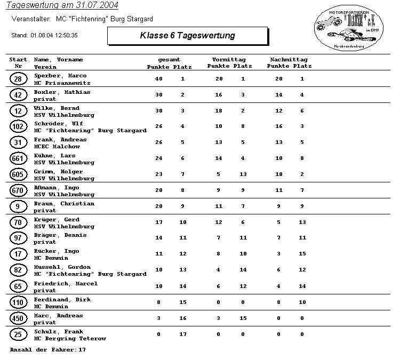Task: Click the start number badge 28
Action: tap(18, 79)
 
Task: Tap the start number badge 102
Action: tap(18, 127)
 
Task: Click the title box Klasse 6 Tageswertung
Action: tap(187, 36)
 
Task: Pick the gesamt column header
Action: tap(169, 60)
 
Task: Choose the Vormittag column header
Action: tap(228, 60)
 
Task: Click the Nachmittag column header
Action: tap(289, 60)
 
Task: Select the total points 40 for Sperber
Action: tap(158, 79)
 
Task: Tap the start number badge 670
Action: tap(18, 190)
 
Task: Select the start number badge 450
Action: tap(18, 318)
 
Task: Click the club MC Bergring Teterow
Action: tap(70, 339)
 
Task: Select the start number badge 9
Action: tap(18, 206)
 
